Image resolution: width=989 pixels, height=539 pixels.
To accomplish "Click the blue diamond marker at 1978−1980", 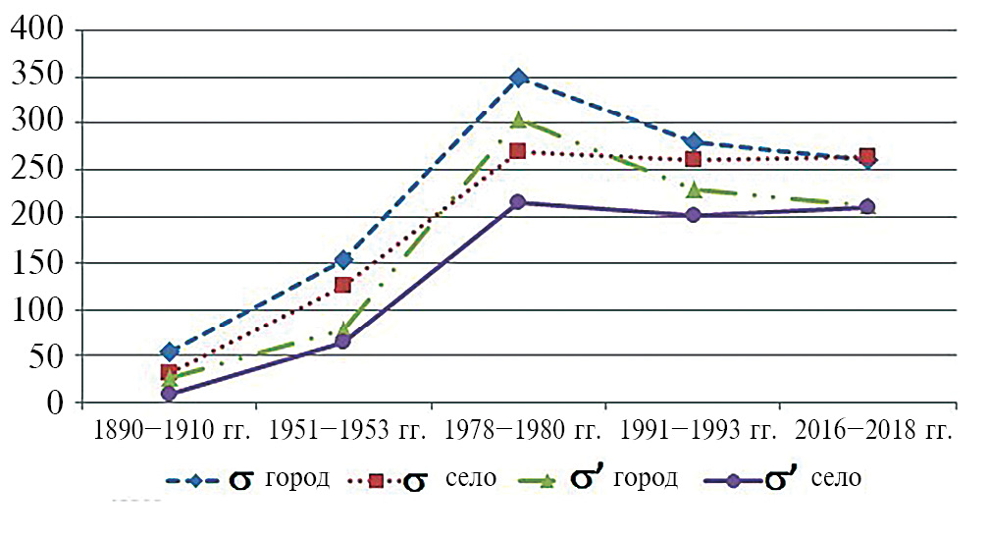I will pyautogui.click(x=518, y=78).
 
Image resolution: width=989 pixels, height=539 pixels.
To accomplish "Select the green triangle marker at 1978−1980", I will pyautogui.click(x=518, y=121).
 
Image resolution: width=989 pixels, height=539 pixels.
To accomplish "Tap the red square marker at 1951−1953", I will pyautogui.click(x=343, y=285).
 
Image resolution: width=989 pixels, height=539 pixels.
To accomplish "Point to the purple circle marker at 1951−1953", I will pyautogui.click(x=343, y=342).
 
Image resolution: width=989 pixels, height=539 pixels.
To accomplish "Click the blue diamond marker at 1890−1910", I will pyautogui.click(x=170, y=351).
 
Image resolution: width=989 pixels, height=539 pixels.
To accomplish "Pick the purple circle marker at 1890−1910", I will pyautogui.click(x=170, y=394).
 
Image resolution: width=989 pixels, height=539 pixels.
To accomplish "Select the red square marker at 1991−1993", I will pyautogui.click(x=693, y=159).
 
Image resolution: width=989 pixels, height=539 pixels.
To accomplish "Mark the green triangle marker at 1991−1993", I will pyautogui.click(x=693, y=189).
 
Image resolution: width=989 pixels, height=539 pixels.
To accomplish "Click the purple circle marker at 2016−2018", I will pyautogui.click(x=867, y=207).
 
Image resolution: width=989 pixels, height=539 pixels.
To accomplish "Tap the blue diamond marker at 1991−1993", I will pyautogui.click(x=693, y=142).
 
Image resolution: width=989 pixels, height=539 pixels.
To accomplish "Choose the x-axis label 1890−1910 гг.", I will pyautogui.click(x=171, y=431).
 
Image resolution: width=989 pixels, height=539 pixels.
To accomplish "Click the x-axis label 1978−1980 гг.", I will pyautogui.click(x=520, y=431).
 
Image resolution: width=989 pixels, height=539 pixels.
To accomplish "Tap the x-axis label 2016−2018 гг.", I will pyautogui.click(x=872, y=431).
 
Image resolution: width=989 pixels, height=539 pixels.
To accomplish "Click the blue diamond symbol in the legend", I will pyautogui.click(x=194, y=480).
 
